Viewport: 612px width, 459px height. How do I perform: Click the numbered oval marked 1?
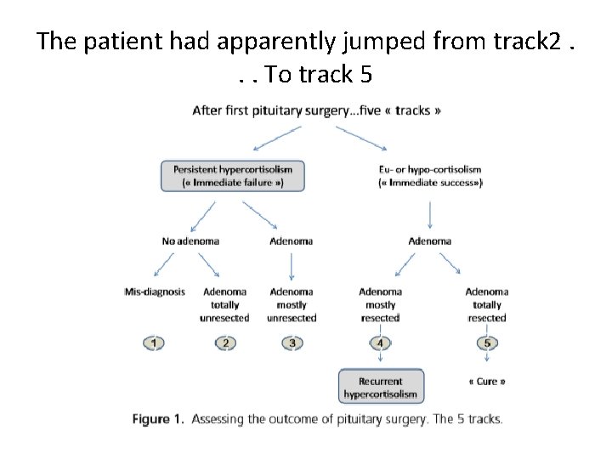coord(154,343)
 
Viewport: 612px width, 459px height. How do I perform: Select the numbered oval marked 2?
coord(224,343)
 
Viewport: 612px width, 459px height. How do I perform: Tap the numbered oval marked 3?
coord(292,343)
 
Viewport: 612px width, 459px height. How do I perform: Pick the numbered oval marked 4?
coord(380,343)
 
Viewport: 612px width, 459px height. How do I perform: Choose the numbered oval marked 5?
coord(486,343)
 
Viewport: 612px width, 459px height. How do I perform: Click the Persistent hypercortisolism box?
coord(232,176)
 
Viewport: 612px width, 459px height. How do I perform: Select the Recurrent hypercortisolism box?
coord(380,387)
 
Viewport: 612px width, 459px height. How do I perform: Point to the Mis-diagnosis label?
coord(154,292)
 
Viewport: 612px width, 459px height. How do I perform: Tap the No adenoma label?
coord(190,241)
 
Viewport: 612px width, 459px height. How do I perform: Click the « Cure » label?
coord(487,382)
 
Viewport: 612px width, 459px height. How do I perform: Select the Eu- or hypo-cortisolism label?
coord(429,176)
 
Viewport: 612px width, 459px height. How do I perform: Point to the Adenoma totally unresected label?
coord(224,304)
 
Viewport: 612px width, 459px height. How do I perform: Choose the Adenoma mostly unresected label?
coord(292,304)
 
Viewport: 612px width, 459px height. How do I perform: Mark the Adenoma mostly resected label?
coord(380,304)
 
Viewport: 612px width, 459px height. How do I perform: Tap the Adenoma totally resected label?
coord(486,304)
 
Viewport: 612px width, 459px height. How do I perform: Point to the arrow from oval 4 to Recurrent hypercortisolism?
coord(380,360)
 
